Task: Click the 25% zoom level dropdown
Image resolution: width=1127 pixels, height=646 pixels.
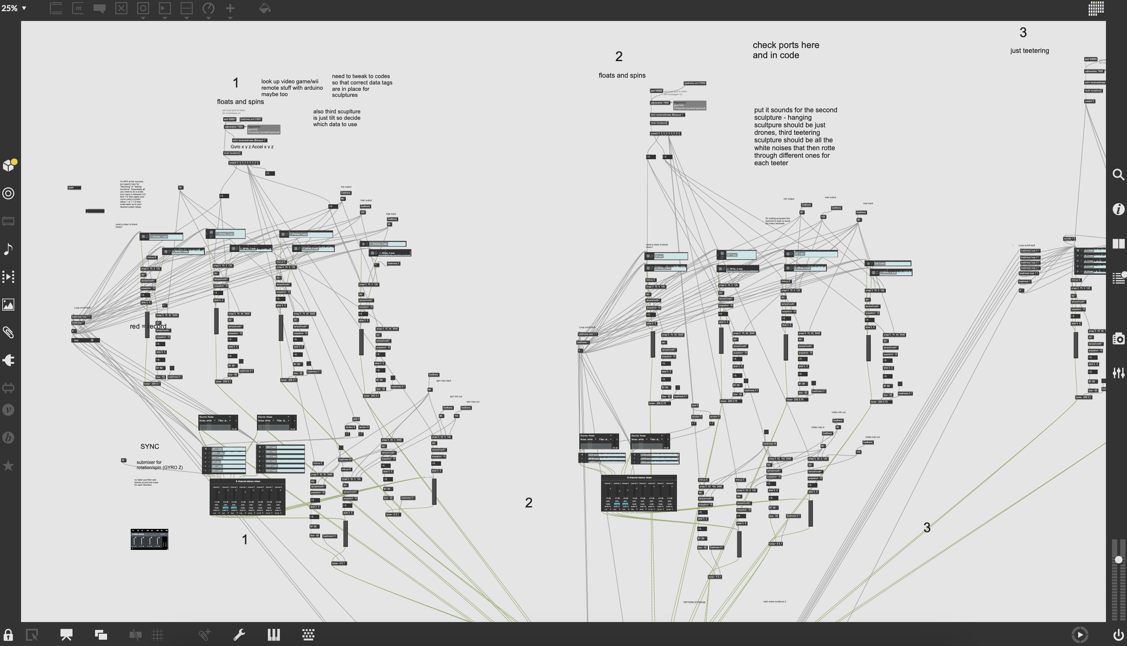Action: tap(14, 8)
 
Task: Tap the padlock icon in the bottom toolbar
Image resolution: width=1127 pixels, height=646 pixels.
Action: tap(8, 635)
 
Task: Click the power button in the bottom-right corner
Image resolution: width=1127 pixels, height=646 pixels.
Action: tap(1118, 635)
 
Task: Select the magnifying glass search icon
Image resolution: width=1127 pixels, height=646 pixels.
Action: tap(1118, 174)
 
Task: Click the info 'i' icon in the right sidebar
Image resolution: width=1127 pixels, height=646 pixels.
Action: tap(1118, 209)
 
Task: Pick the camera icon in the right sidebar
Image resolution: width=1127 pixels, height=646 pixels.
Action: tap(1118, 339)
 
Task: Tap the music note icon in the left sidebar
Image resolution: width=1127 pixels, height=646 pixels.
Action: tap(8, 249)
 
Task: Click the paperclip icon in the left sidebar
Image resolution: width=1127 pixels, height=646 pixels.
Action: tap(8, 332)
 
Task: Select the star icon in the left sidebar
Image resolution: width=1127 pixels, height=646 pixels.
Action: tap(8, 466)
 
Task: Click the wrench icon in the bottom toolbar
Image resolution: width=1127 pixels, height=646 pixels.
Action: tap(239, 635)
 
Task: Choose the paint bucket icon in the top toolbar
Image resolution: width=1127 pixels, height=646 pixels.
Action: tap(265, 8)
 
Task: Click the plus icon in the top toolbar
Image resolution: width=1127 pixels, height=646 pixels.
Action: tap(230, 8)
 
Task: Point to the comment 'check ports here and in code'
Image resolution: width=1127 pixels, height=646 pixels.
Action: tap(785, 50)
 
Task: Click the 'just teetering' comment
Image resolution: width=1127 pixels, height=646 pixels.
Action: tap(1029, 51)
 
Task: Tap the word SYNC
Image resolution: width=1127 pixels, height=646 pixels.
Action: tap(150, 446)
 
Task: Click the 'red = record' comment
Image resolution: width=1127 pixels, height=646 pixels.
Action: tap(148, 326)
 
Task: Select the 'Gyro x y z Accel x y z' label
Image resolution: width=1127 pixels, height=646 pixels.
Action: tap(252, 147)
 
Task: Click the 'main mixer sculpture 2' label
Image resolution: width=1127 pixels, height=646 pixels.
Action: tap(774, 601)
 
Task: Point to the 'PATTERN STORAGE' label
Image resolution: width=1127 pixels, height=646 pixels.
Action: tap(694, 602)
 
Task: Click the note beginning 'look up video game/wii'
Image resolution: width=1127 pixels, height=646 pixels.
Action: tap(292, 88)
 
